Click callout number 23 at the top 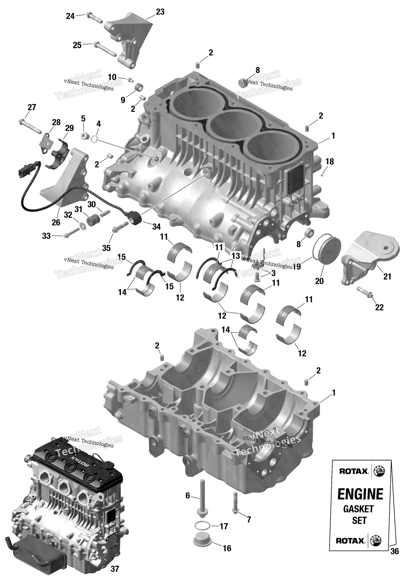pos(160,12)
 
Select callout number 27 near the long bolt pos(32,107)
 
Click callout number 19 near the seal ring pos(296,266)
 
